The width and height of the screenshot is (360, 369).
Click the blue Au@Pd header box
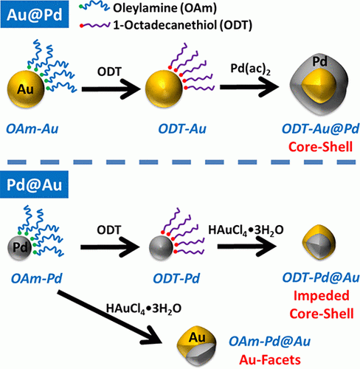pos(35,14)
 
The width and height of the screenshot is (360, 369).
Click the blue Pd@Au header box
pos(34,184)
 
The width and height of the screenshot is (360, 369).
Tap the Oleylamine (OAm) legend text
pos(165,8)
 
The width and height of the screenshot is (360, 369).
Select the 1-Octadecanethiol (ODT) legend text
pos(182,25)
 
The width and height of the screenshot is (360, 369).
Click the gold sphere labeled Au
pos(26,89)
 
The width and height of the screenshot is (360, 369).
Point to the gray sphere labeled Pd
pos(20,247)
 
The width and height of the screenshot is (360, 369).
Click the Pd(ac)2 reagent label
pos(250,69)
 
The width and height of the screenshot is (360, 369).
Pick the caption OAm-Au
pos(32,129)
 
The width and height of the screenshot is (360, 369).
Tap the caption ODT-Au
pos(182,129)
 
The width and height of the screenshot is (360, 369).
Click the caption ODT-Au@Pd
pos(320,129)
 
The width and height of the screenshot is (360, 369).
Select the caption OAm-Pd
pos(37,278)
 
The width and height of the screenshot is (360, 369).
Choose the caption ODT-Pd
pos(176,278)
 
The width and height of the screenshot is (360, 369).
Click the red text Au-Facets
pos(270,360)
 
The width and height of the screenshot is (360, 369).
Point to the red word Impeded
pos(322,295)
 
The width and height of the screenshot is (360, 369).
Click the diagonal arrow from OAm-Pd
pos(110,317)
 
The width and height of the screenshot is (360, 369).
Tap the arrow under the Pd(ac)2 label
pos(249,87)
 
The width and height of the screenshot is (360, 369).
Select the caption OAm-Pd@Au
pos(269,342)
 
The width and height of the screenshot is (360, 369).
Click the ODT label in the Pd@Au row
pos(109,230)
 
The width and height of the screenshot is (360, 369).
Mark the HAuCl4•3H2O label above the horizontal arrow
pos(246,230)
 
